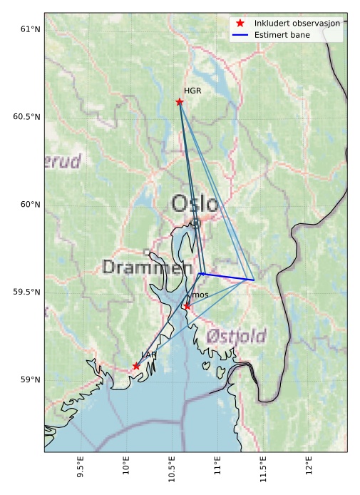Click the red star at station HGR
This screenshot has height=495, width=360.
pos(180,102)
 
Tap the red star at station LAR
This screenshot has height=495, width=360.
pos(136,366)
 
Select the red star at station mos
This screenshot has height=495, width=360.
pos(187,306)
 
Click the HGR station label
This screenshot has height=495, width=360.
pos(192,91)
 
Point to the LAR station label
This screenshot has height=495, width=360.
pos(148,354)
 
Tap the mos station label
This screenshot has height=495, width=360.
pos(200,295)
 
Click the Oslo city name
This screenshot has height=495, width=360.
pos(195,204)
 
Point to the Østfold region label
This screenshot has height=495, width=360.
pos(236,336)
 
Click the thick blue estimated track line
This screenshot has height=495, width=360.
pos(227,276)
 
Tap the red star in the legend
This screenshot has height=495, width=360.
pos(240,24)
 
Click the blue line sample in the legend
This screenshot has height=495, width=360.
pos(240,34)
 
